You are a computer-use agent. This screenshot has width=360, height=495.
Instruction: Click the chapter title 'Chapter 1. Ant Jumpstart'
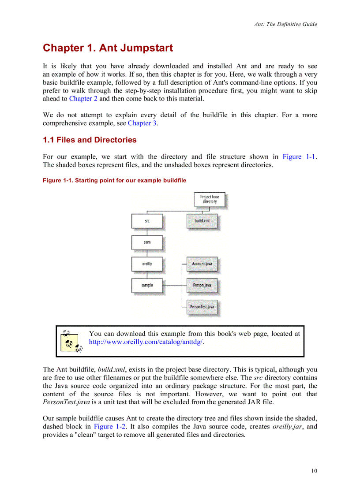108,48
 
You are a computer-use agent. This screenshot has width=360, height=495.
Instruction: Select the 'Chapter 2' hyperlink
83,98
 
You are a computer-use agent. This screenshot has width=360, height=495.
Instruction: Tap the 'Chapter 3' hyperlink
142,123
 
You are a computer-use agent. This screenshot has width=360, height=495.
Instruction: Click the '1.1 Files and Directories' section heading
90,140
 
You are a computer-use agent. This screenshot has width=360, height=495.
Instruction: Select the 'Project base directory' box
209,199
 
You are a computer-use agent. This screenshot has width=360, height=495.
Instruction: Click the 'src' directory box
146,220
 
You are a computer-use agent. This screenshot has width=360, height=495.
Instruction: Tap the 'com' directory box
146,242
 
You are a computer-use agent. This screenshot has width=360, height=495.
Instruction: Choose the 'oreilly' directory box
146,264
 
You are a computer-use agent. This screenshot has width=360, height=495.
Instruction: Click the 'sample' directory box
146,285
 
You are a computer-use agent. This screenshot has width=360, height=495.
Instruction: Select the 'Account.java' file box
202,264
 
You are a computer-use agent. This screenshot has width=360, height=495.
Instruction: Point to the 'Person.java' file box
202,285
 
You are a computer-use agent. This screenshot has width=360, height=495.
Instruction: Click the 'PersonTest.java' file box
202,306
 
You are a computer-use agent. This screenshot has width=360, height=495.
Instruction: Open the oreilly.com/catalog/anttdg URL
146,342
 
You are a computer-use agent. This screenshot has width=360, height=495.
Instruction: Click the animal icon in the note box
71,341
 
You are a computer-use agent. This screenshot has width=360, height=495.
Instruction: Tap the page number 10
314,471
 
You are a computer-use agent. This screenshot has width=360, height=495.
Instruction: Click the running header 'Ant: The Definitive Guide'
285,24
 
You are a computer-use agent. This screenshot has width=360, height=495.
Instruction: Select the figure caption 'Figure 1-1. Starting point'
114,180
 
